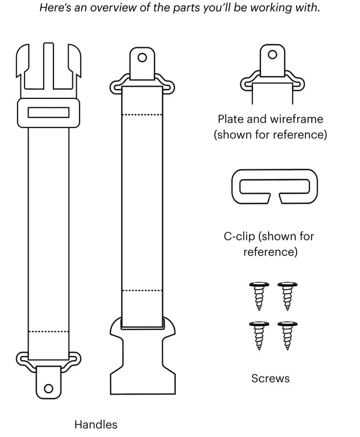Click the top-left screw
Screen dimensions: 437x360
258,296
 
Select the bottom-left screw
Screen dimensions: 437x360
258,335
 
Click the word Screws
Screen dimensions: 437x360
270,378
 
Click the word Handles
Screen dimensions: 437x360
95,425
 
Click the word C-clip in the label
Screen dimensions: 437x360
239,237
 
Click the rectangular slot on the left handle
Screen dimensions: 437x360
49,112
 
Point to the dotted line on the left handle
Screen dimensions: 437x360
49,332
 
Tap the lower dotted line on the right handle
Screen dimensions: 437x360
142,290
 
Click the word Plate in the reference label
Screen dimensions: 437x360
230,119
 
